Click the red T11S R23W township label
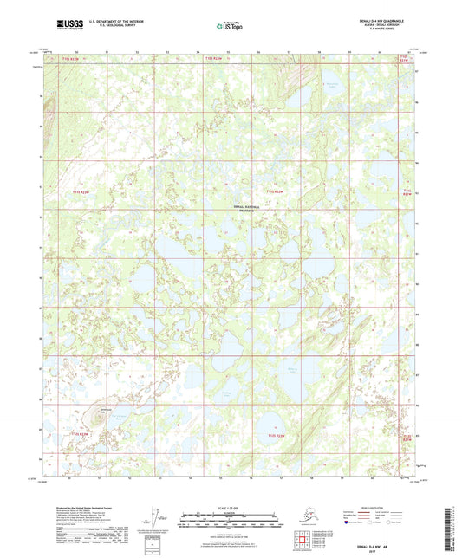(x=81, y=191)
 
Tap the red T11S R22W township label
(x=275, y=191)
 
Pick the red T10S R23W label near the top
(x=69, y=58)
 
